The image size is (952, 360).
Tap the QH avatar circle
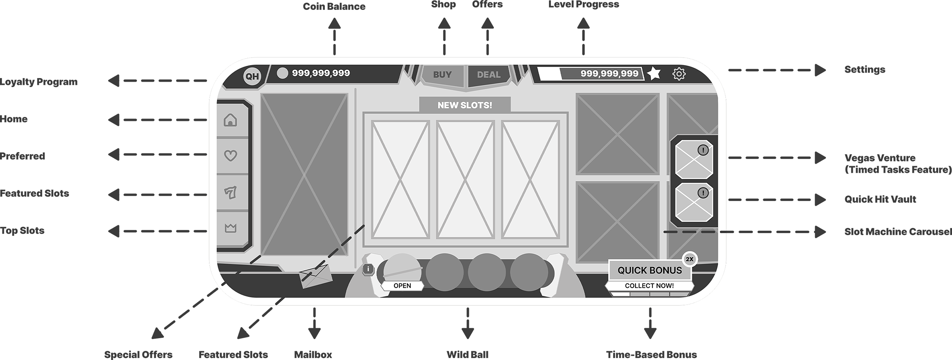252,76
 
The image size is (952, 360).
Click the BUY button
442,75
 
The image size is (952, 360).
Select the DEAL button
489,75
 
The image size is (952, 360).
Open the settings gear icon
679,74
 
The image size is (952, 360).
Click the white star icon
654,73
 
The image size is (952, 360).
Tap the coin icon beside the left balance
282,73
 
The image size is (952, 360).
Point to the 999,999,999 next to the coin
321,73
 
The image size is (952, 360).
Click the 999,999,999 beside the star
609,73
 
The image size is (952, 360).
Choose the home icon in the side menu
230,120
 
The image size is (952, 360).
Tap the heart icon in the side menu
230,155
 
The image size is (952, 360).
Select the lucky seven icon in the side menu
230,193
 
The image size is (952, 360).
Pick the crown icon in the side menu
230,228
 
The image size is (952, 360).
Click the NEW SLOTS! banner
464,105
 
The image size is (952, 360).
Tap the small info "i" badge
369,270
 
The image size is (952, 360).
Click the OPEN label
402,286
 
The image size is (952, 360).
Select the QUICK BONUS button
649,270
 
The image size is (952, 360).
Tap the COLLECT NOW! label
649,286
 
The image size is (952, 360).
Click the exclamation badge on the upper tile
703,150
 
